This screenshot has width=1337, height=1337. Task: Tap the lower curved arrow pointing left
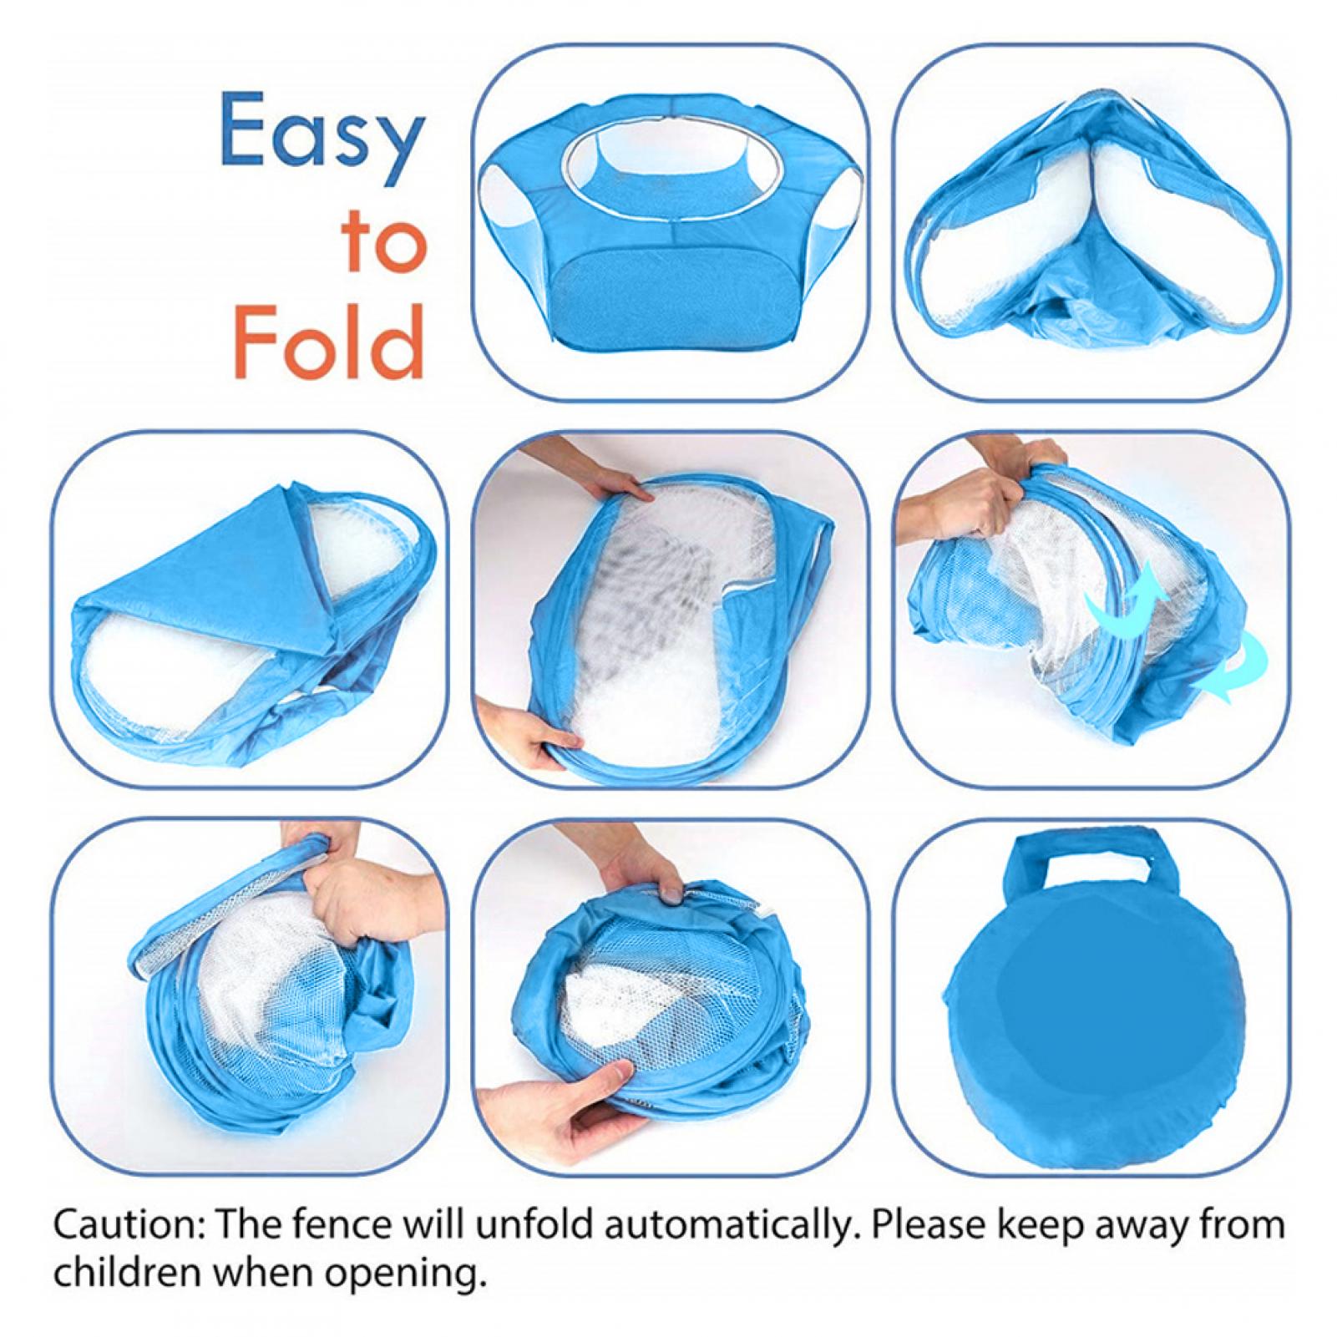pyautogui.click(x=1236, y=668)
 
